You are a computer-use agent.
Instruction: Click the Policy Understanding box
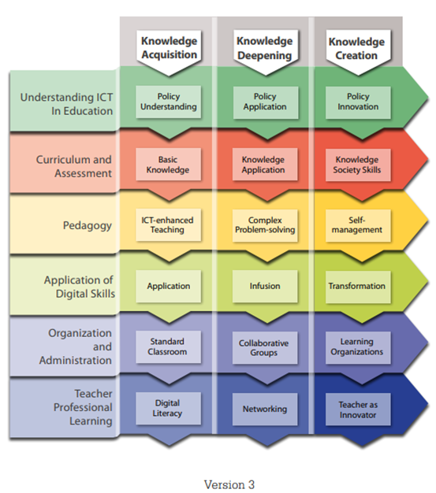169,102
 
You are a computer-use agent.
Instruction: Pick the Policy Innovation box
358,102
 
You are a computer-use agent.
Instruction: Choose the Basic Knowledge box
169,164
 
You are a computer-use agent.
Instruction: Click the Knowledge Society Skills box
358,165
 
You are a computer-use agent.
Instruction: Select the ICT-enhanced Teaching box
169,224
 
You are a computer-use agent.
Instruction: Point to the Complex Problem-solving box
265,225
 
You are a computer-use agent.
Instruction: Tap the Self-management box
358,225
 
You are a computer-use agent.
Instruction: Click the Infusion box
265,286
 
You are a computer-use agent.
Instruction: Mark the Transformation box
358,287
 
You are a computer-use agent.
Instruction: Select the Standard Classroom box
169,347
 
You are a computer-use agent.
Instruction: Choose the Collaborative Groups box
265,348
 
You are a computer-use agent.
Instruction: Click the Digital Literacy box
169,408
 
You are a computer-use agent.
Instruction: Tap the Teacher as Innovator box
358,409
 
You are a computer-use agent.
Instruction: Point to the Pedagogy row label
88,226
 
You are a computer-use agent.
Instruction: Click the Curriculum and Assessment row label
74,166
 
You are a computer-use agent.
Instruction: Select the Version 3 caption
229,484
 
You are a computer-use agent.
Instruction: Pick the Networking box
265,409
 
